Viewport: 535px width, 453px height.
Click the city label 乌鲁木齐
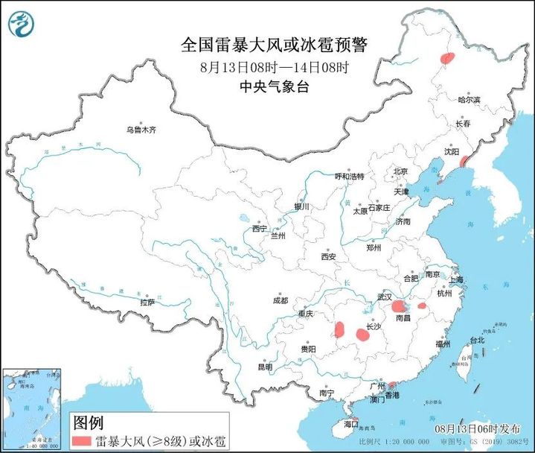pyautogui.click(x=141, y=130)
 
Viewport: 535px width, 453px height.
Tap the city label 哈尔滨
pyautogui.click(x=470, y=99)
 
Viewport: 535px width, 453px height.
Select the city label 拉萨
pyautogui.click(x=147, y=302)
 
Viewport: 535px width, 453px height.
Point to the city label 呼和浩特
pyautogui.click(x=349, y=177)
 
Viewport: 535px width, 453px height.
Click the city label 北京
pyautogui.click(x=400, y=171)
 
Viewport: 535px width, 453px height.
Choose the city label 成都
pyautogui.click(x=280, y=300)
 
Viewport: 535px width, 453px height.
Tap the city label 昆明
pyautogui.click(x=265, y=367)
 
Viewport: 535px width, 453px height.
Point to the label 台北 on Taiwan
pyautogui.click(x=476, y=340)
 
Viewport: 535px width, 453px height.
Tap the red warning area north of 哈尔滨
pyautogui.click(x=447, y=59)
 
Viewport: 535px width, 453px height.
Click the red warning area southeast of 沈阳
pyautogui.click(x=463, y=161)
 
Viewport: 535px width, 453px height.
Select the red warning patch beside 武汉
pyautogui.click(x=399, y=306)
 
